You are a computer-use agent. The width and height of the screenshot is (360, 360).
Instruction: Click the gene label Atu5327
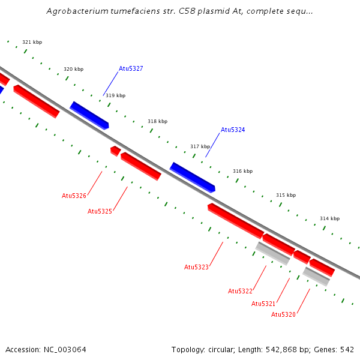(131, 68)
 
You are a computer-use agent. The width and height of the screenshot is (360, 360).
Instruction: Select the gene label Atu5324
(233, 130)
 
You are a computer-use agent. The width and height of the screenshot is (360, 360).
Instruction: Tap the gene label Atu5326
(74, 196)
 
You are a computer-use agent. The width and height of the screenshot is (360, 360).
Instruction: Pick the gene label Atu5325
(100, 211)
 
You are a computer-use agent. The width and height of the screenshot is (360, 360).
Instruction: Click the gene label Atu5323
(196, 267)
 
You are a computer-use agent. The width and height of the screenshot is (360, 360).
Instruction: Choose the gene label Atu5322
(240, 291)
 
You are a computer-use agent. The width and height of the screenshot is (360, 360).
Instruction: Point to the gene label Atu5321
(263, 304)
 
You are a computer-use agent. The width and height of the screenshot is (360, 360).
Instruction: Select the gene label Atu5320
(283, 314)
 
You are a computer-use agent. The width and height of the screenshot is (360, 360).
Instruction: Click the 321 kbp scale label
(32, 42)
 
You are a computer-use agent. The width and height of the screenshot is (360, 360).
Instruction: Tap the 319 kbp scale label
(115, 95)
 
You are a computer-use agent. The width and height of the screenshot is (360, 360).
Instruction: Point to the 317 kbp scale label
(200, 146)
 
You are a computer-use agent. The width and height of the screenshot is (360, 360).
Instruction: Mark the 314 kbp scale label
(329, 218)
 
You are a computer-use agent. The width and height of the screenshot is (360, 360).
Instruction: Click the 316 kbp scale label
(242, 171)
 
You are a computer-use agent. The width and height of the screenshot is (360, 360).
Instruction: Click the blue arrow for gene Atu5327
(89, 115)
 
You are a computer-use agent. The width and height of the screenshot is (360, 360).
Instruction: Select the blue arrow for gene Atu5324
(192, 177)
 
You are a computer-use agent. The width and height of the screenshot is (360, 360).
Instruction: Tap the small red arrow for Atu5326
(115, 150)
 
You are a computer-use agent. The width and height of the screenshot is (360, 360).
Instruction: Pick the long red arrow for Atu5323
(235, 220)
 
